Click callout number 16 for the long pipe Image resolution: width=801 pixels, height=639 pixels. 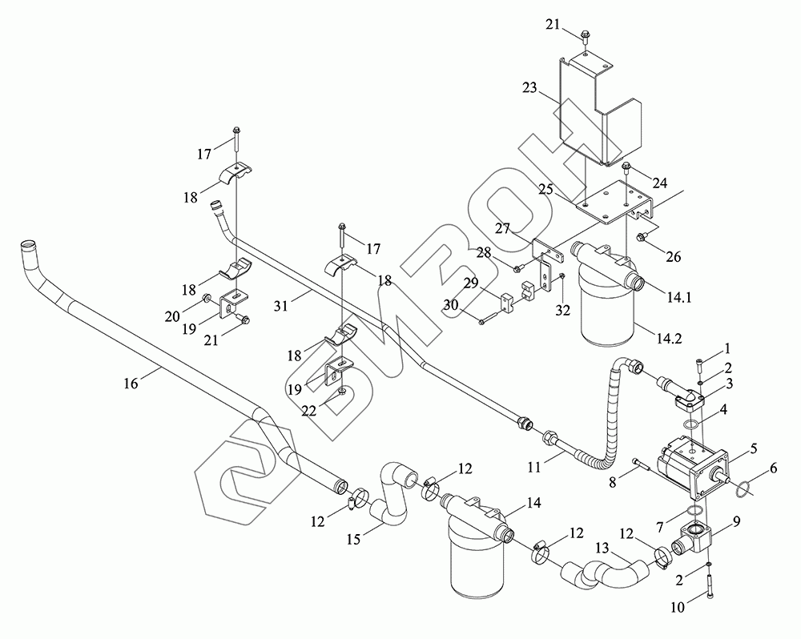pos(131,383)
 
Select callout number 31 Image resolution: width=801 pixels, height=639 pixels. pos(281,305)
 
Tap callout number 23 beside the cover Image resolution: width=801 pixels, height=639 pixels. pos(530,88)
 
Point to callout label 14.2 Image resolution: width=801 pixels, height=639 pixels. pos(669,338)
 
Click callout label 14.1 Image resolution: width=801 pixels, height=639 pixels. pos(679,297)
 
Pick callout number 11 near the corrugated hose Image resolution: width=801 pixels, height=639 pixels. pos(534,468)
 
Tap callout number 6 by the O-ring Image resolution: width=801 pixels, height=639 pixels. pos(774,468)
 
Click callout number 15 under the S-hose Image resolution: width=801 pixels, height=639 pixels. pos(353,538)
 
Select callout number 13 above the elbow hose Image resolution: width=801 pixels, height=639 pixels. pos(603,549)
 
